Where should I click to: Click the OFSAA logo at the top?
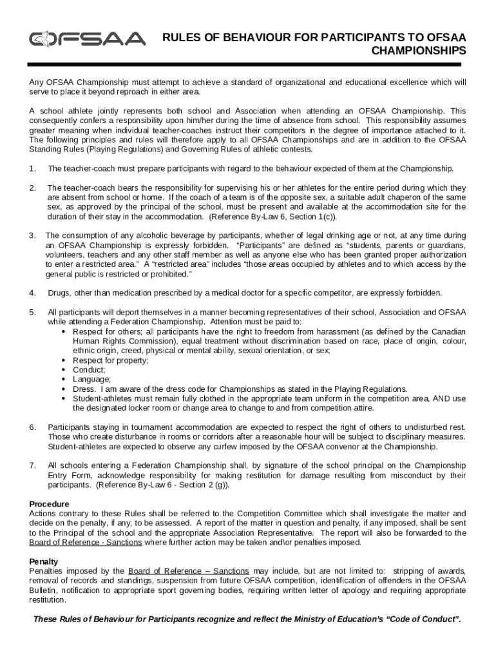[x=87, y=40]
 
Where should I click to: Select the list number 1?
[x=32, y=169]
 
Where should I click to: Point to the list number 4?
[x=32, y=293]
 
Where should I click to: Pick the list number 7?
[x=32, y=465]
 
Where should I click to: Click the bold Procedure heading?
[x=50, y=503]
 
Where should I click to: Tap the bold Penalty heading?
[x=44, y=561]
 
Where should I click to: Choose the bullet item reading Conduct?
[x=89, y=370]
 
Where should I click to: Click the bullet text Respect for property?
[x=110, y=360]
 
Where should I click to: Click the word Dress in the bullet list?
[x=84, y=389]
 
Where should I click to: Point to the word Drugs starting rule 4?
[x=60, y=293]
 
